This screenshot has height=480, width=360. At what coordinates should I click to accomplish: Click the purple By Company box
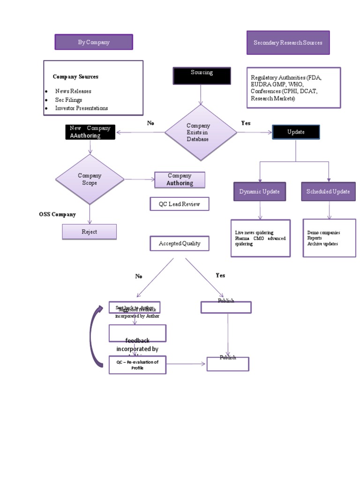pyautogui.click(x=94, y=42)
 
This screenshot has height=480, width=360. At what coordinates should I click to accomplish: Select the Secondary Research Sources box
pyautogui.click(x=288, y=43)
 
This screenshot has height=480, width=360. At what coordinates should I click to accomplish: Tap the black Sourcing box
pyautogui.click(x=202, y=75)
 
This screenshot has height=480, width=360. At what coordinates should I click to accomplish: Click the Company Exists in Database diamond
pyautogui.click(x=201, y=133)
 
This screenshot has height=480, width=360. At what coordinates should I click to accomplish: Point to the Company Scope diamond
pyautogui.click(x=90, y=179)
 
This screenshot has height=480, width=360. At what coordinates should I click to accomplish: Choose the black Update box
pyautogui.click(x=296, y=132)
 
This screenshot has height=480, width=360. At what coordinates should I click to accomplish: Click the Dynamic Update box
pyautogui.click(x=259, y=192)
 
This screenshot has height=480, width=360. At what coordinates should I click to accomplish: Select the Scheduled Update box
pyautogui.click(x=328, y=192)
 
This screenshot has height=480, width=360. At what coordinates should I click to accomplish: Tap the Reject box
pyautogui.click(x=89, y=232)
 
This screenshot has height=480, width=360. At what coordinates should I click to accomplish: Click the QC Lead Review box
pyautogui.click(x=179, y=204)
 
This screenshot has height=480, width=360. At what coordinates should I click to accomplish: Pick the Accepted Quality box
pyautogui.click(x=179, y=244)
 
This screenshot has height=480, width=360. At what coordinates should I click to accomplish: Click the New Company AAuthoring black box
pyautogui.click(x=90, y=132)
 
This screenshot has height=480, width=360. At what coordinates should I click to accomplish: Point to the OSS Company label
pyautogui.click(x=57, y=214)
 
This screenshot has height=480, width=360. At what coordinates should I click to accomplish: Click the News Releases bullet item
pyautogui.click(x=73, y=91)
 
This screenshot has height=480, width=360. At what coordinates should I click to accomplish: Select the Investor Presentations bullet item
pyautogui.click(x=82, y=108)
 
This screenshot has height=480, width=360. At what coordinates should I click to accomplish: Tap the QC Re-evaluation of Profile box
pyautogui.click(x=137, y=365)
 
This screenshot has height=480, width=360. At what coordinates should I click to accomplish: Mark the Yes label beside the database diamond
pyautogui.click(x=246, y=123)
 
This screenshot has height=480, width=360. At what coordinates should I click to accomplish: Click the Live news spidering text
pyautogui.click(x=254, y=232)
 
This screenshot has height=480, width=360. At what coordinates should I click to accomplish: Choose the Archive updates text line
pyautogui.click(x=322, y=244)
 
